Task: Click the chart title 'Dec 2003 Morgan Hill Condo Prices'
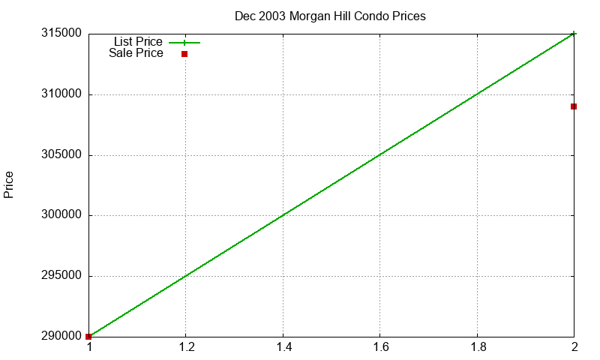330,16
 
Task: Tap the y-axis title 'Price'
8,184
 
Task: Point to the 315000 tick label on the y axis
61,33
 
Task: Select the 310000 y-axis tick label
61,94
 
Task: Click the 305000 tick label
61,154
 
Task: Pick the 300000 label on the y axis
61,214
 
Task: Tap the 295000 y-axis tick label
61,275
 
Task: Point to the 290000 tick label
61,336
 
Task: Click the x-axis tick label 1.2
186,347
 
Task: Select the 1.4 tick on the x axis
283,347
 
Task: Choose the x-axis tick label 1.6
380,347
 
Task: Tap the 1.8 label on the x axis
478,347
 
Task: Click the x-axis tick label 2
574,347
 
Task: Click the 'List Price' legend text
138,41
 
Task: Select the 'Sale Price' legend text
136,52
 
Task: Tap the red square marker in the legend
184,54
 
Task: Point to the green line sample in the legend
184,43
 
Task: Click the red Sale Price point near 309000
574,106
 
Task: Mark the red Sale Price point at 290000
88,337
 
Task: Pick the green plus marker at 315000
574,34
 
